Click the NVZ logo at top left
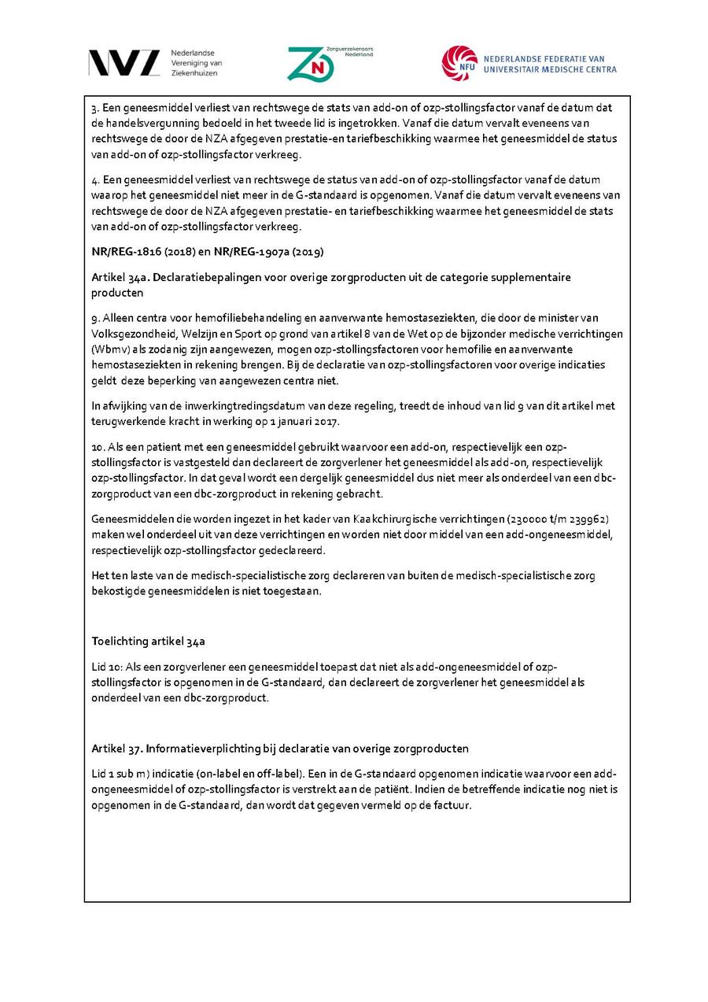coord(124,63)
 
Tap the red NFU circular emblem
coord(459,63)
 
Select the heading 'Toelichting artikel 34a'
coord(149,642)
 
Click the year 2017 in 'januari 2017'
coord(326,422)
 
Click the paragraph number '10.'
coord(99,447)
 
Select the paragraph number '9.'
coord(96,318)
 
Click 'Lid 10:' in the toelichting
coord(108,667)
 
